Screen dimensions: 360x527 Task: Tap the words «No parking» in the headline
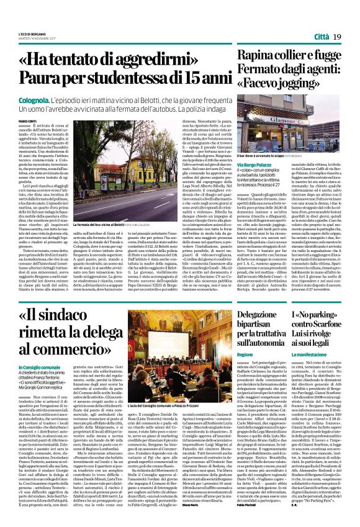pyautogui.click(x=314, y=315)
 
